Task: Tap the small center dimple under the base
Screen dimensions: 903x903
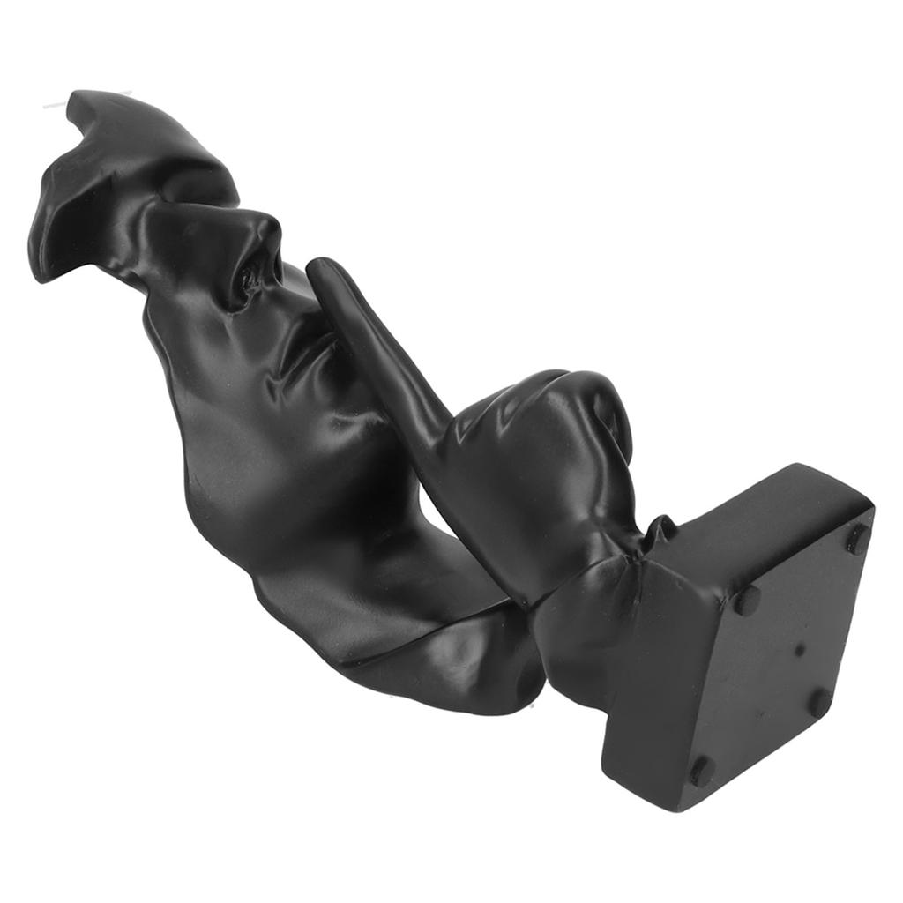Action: [799, 651]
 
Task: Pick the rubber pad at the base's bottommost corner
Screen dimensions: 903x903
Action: [701, 771]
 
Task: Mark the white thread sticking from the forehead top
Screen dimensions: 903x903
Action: [55, 106]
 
